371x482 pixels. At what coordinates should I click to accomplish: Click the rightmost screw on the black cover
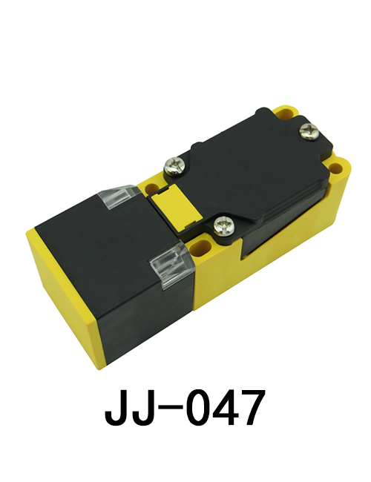(x=309, y=133)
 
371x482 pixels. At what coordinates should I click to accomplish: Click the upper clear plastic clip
(x=117, y=197)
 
